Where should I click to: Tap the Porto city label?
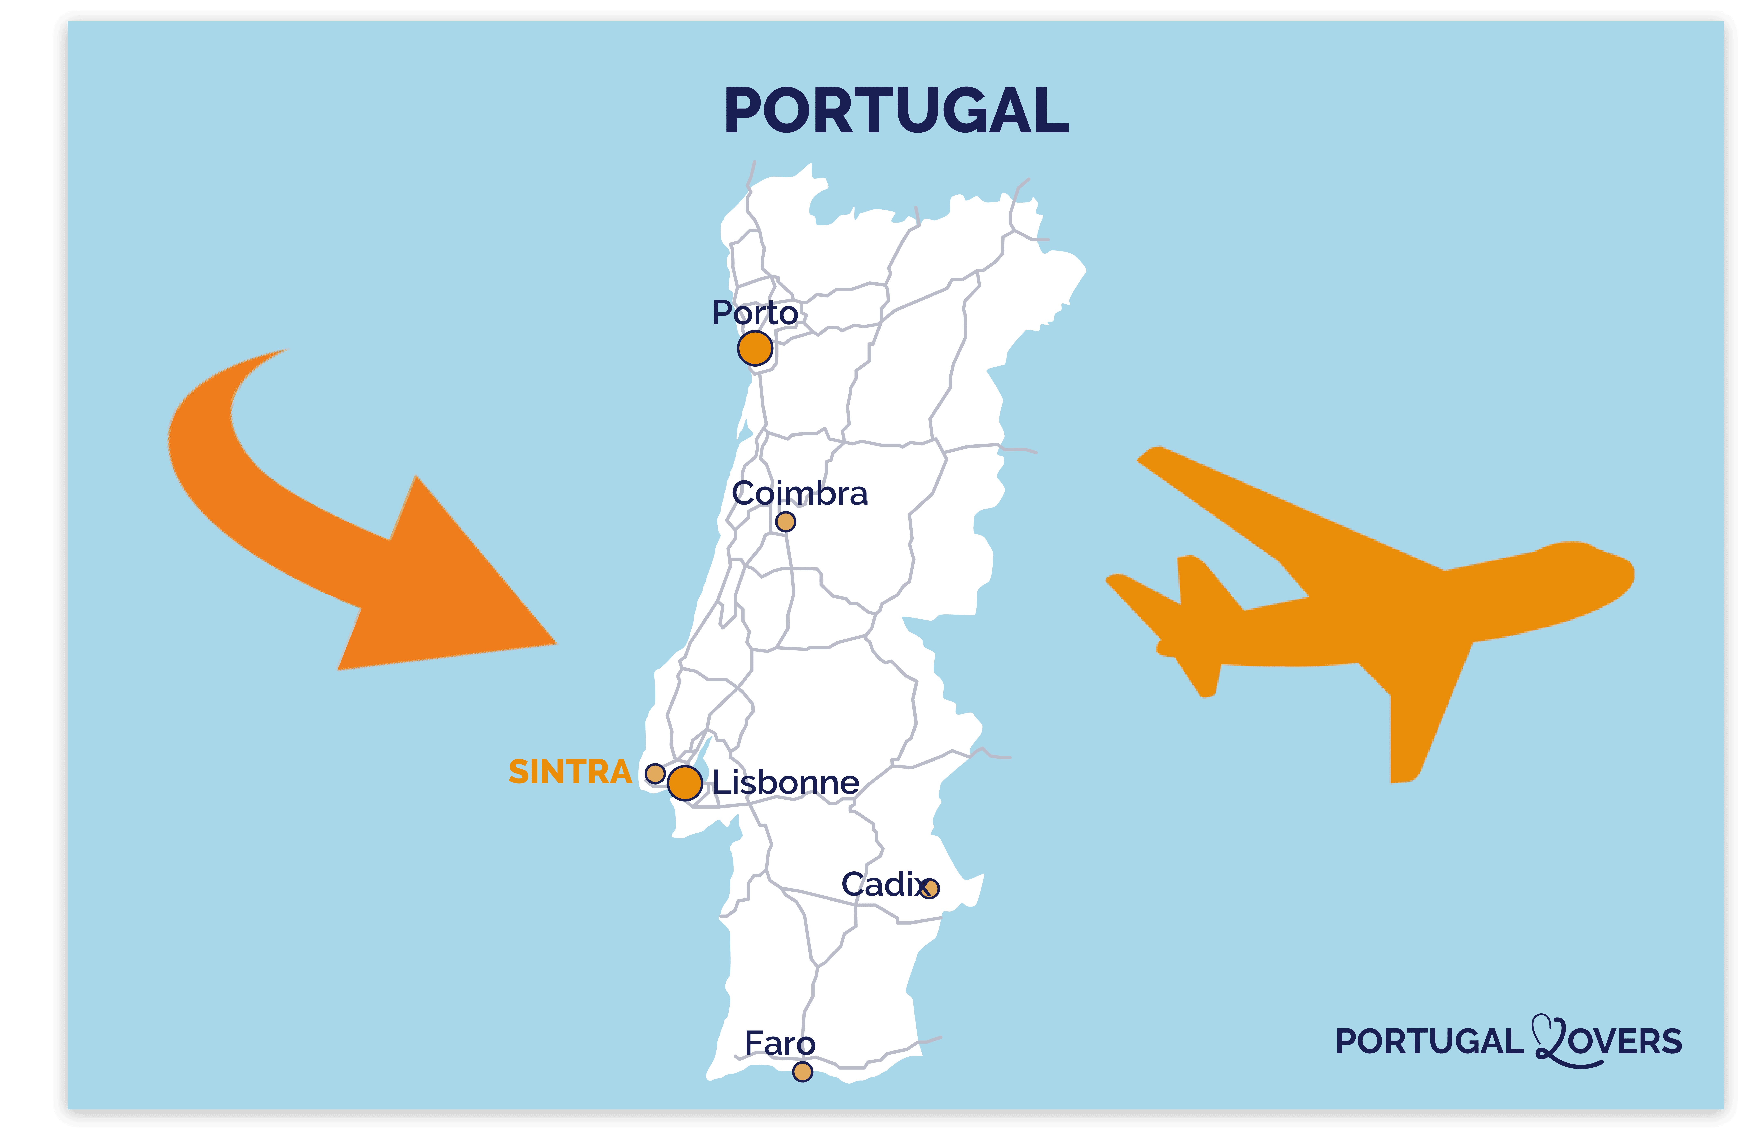pyautogui.click(x=755, y=313)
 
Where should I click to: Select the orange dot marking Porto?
pyautogui.click(x=755, y=348)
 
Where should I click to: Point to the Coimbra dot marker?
pyautogui.click(x=786, y=522)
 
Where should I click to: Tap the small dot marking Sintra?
pyautogui.click(x=655, y=774)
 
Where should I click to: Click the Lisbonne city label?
pyautogui.click(x=786, y=782)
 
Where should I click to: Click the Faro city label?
pyautogui.click(x=780, y=1043)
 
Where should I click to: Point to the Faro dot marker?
pyautogui.click(x=803, y=1072)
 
